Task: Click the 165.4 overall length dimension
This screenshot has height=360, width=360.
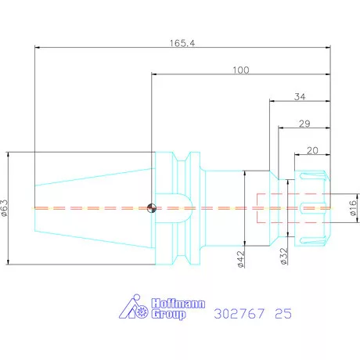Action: pyautogui.click(x=182, y=43)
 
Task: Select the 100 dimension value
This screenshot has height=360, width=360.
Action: pyautogui.click(x=241, y=70)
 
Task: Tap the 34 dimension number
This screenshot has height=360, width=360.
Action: pyautogui.click(x=300, y=97)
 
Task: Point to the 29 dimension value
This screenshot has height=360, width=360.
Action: pyautogui.click(x=304, y=124)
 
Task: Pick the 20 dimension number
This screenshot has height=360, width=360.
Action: pyautogui.click(x=312, y=150)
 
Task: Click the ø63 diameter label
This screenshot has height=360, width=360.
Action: pyautogui.click(x=5, y=208)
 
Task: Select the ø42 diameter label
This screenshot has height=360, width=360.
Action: pyautogui.click(x=241, y=259)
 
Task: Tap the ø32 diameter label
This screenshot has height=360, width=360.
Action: pyautogui.click(x=284, y=256)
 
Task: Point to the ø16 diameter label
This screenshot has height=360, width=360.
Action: pyautogui.click(x=353, y=208)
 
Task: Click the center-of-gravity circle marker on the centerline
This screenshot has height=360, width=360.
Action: pyautogui.click(x=152, y=208)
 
